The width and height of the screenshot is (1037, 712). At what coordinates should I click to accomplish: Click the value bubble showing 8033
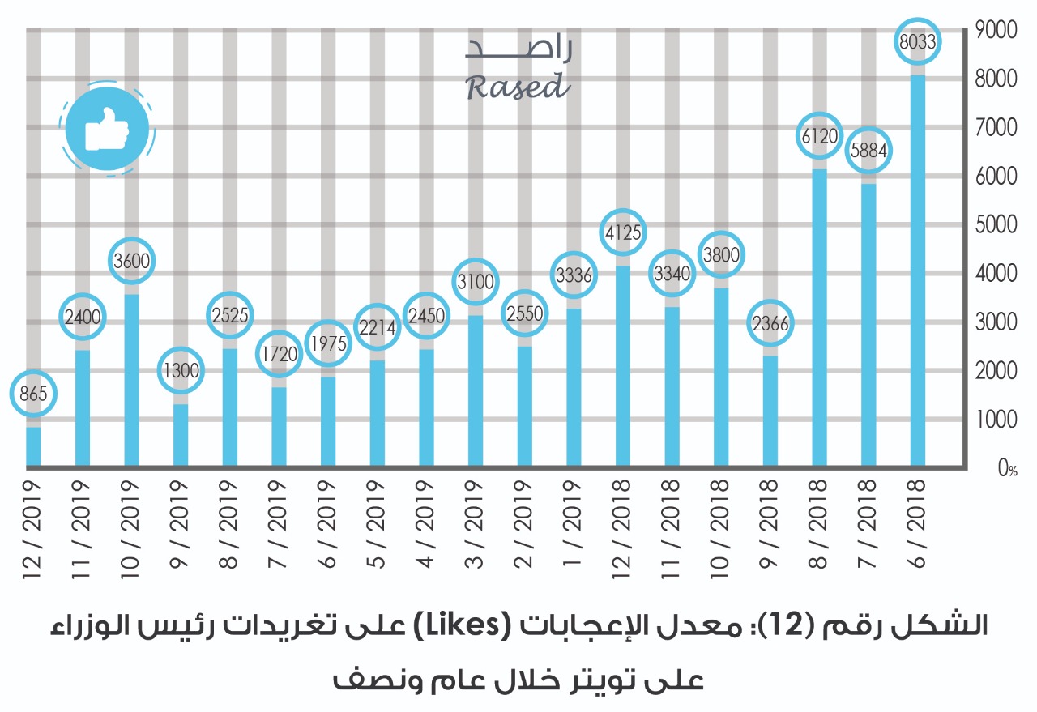pos(918,44)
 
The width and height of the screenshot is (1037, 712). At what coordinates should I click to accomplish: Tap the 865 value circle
pos(33,394)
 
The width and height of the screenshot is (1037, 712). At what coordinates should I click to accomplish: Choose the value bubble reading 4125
pos(623,233)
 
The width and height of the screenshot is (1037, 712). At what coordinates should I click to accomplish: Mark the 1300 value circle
pos(181,371)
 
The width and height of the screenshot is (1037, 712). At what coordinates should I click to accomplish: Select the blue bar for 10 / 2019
pos(131,381)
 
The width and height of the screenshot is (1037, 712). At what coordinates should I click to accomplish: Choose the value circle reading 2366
pos(770,323)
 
